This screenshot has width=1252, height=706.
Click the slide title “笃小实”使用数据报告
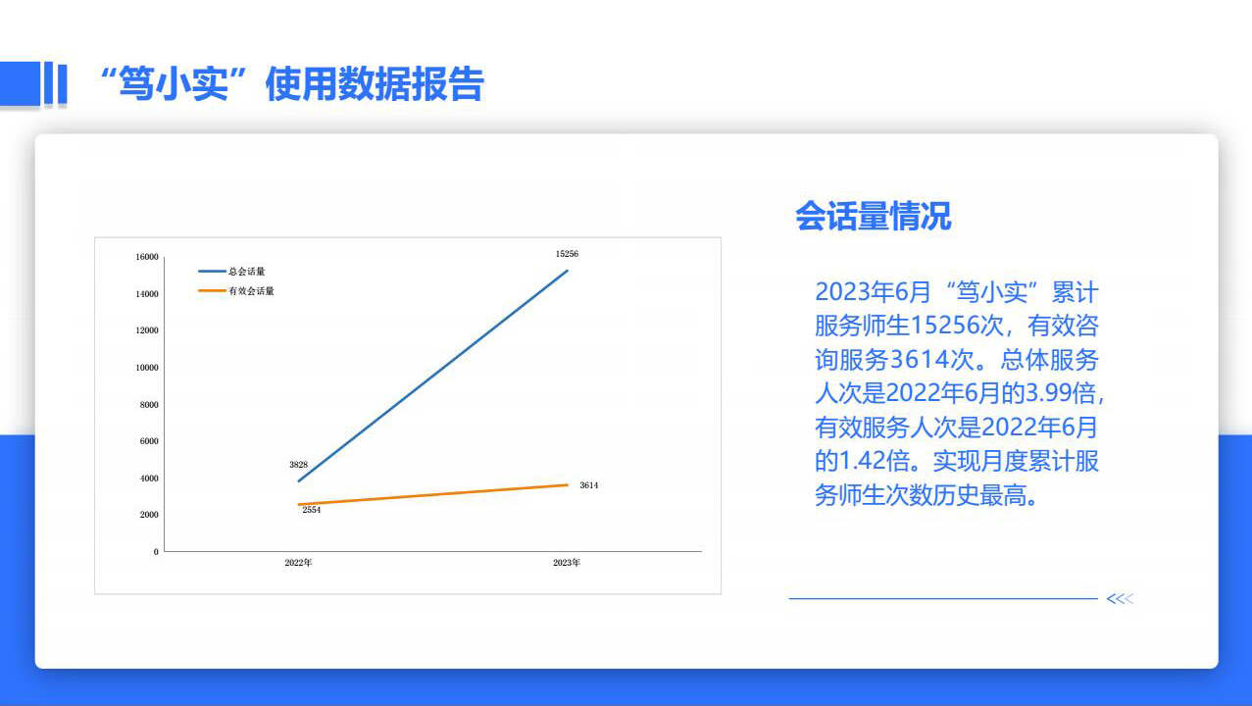click(x=291, y=84)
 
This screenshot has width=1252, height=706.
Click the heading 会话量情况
click(x=873, y=217)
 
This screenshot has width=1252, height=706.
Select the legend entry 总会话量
click(x=232, y=271)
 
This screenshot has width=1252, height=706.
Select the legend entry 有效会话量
click(x=236, y=290)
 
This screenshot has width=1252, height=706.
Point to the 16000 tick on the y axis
click(x=147, y=257)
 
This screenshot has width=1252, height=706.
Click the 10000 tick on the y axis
click(x=147, y=368)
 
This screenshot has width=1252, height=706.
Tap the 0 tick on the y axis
click(x=156, y=552)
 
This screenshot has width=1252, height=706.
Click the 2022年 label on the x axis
click(x=298, y=562)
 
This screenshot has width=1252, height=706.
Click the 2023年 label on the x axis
click(x=567, y=562)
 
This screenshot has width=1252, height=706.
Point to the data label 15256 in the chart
click(x=567, y=254)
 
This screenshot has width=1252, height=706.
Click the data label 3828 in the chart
click(x=298, y=465)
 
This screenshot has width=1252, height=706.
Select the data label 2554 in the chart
click(x=312, y=510)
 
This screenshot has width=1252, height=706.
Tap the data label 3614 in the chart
click(x=588, y=485)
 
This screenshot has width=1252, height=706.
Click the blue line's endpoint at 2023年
click(x=568, y=271)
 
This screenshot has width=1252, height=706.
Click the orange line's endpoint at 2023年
click(x=568, y=485)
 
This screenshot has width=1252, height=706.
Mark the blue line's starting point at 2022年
click(x=299, y=480)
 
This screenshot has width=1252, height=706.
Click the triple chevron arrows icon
click(x=1120, y=599)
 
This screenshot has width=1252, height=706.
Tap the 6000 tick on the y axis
click(x=149, y=441)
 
